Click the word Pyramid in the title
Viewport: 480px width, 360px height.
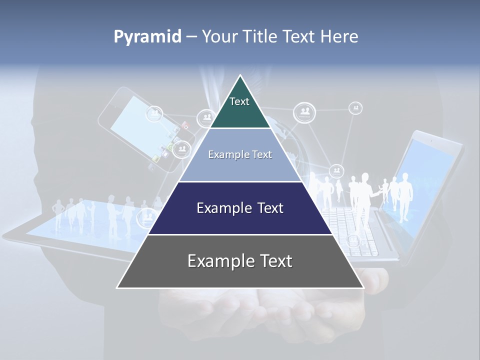147,37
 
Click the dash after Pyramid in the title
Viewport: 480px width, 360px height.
191,37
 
